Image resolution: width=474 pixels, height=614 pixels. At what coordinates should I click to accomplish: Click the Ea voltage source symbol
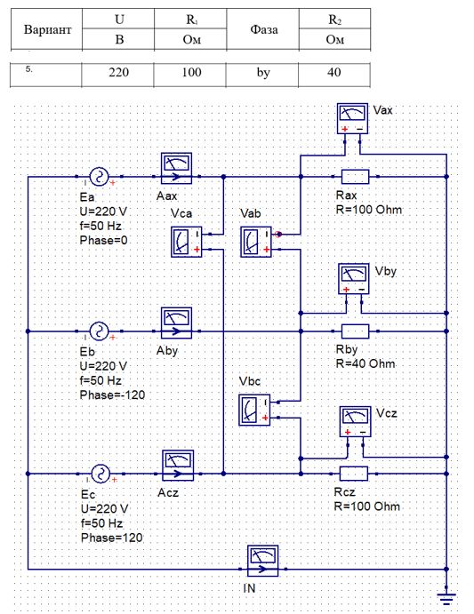99,177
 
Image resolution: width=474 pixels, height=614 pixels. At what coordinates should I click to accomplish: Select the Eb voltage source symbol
99,331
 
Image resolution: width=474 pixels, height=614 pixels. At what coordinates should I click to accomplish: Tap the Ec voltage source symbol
100,474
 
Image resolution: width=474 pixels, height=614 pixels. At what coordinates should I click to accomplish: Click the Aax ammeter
176,168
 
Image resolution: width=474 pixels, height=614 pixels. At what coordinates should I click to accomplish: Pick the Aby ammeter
176,323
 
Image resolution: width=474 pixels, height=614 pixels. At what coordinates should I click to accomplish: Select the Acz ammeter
178,466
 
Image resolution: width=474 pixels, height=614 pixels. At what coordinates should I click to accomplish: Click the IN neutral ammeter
262,561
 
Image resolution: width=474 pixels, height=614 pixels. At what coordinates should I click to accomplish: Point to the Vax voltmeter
352,119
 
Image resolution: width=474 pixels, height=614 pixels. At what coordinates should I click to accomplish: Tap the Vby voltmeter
354,279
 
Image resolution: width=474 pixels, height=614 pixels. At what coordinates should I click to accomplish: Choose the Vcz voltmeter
355,422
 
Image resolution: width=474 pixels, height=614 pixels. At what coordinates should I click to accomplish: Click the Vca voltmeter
187,242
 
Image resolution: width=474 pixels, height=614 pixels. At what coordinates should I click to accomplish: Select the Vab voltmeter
256,242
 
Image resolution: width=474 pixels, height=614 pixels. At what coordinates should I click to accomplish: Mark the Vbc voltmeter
254,410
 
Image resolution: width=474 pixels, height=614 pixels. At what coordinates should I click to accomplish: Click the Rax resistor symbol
355,177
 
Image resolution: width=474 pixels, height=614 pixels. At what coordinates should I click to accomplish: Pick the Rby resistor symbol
355,331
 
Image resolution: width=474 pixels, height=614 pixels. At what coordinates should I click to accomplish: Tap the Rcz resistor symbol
354,474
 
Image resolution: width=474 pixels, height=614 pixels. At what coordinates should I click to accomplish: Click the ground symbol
446,598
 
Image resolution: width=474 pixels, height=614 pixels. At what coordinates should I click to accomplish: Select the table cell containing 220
118,74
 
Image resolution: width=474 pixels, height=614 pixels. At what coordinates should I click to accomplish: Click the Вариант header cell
47,29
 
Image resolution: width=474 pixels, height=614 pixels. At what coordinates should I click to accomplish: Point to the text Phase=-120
112,395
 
